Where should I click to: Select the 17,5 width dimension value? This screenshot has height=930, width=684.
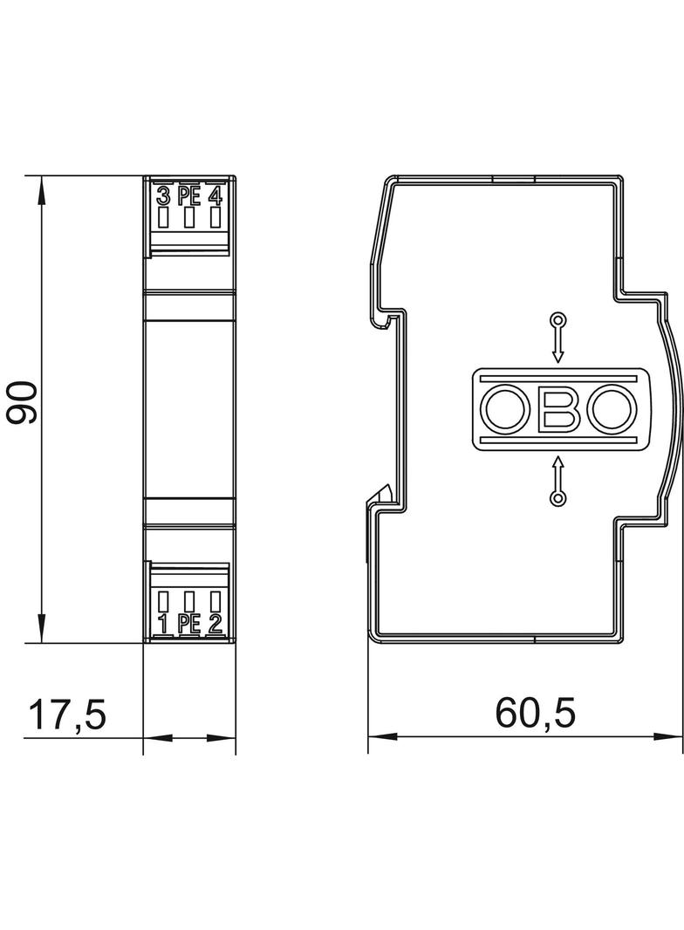67,715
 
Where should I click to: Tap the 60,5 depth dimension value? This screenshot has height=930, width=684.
535,713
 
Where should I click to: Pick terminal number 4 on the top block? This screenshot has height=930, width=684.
215,195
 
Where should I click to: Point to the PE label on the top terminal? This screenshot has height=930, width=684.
188,195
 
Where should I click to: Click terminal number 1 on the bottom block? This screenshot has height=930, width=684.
163,623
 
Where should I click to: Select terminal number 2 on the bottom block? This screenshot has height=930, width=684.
215,623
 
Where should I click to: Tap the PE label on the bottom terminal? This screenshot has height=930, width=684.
188,623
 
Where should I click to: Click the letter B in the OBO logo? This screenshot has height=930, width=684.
558,409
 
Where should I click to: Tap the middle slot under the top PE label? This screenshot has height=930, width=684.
188,217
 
